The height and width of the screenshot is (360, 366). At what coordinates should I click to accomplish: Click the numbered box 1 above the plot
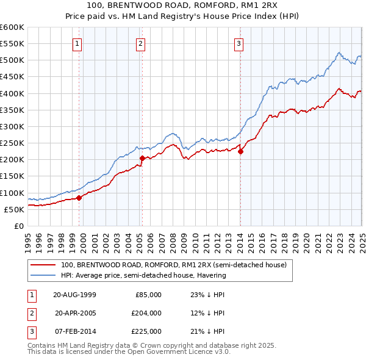point(78,43)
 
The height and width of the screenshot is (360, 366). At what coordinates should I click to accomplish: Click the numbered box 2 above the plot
point(141,43)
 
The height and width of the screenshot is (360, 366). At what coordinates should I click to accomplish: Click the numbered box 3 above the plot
point(239,43)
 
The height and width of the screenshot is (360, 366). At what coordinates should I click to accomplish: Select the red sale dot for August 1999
point(79,197)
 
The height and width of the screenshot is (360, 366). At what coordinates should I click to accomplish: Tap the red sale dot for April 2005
point(142,158)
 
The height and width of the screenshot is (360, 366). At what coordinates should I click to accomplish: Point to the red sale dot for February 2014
point(240,151)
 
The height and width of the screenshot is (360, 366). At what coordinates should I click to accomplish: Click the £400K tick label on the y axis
point(12,93)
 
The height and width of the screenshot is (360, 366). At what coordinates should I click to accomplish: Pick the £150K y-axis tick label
point(12,176)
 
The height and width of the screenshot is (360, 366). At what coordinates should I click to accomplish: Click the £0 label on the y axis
point(19,226)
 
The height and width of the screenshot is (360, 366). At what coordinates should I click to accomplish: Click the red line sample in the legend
point(43,265)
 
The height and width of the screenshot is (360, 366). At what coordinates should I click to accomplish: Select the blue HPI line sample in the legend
point(43,275)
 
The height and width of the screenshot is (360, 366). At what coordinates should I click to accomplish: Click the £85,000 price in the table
point(148,294)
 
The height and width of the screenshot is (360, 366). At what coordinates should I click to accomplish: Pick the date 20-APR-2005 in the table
point(76,313)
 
